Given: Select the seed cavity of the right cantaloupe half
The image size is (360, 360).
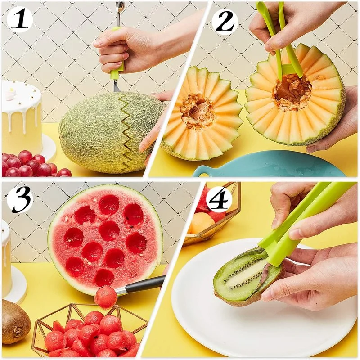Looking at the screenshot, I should pyautogui.click(x=292, y=93).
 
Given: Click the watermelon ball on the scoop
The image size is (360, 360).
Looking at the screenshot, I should pyautogui.click(x=105, y=297).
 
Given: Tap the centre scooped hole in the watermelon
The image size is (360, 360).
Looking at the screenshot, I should pyautogui.click(x=109, y=230).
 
